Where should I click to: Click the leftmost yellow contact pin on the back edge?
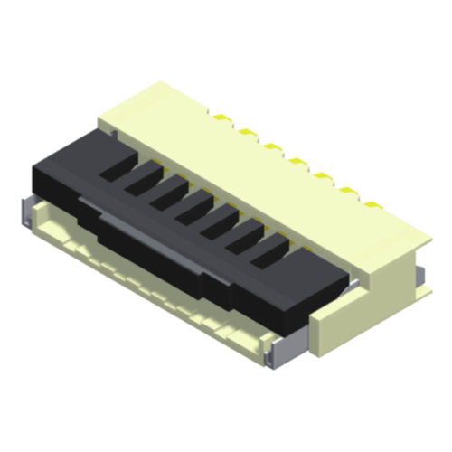click(x=220, y=117)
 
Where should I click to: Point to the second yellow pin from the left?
click(x=244, y=132)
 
